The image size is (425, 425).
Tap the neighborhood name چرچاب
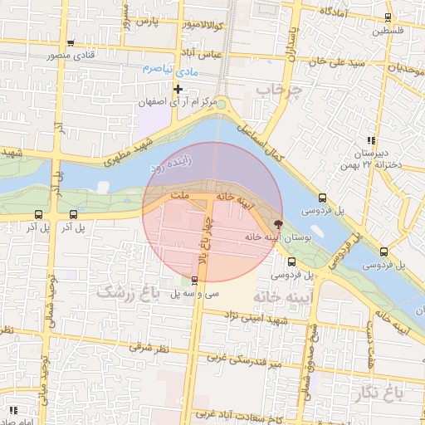(276, 89)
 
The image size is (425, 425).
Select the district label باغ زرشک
(127, 291)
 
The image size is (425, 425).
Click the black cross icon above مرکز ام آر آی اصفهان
(177, 89)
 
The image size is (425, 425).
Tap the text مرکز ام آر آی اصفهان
(178, 102)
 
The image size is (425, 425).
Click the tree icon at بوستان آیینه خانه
(278, 223)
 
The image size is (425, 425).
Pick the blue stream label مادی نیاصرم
(170, 69)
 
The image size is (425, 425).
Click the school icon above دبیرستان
(370, 140)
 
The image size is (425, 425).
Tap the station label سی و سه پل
(195, 294)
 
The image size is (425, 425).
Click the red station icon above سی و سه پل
(194, 280)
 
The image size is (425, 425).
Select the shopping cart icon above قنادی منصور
(71, 44)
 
